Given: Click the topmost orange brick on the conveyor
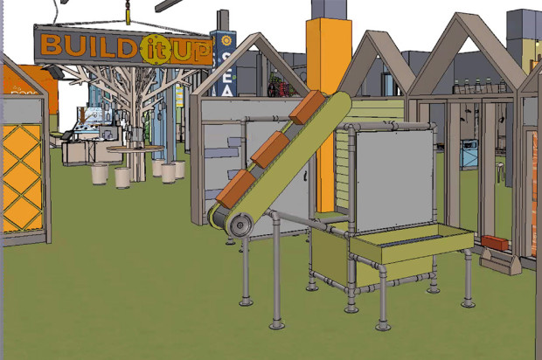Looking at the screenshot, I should click(x=307, y=107).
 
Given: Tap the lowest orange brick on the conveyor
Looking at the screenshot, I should click(x=234, y=189).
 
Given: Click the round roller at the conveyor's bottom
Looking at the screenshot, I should click(x=236, y=227).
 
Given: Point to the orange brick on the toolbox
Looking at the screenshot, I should click(x=494, y=242).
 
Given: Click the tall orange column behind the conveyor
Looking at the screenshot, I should click(x=328, y=61).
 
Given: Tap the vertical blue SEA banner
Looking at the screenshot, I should click(x=225, y=66).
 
